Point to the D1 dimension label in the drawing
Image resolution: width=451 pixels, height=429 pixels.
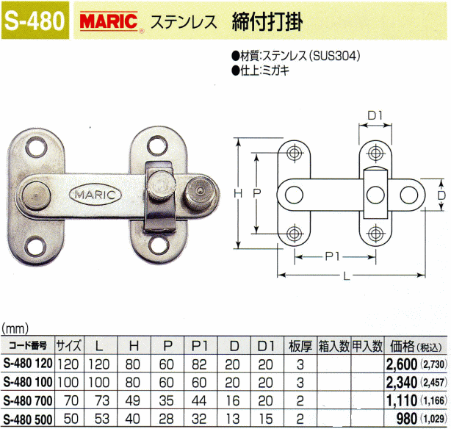pyautogui.click(x=375, y=115)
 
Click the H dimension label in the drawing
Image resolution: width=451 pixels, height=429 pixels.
pyautogui.click(x=237, y=192)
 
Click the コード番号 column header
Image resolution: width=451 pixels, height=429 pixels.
pyautogui.click(x=27, y=345)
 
